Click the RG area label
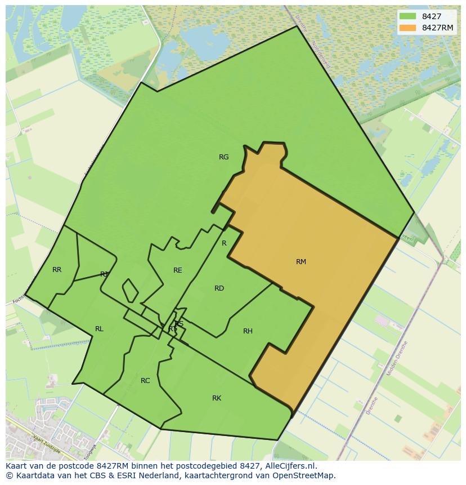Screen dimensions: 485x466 click(224, 157)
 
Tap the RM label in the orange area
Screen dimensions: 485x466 click(301, 261)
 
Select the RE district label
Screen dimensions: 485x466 click(178, 270)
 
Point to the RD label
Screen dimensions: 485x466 click(219, 288)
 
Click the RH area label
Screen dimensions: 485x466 click(248, 331)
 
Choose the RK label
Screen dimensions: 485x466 click(217, 398)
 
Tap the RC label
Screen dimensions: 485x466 click(145, 381)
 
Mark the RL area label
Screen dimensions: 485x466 click(99, 329)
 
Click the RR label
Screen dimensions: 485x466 click(57, 270)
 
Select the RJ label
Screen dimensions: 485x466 click(104, 274)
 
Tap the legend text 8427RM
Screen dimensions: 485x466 click(437, 28)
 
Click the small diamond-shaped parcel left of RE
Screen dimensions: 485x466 click(130, 290)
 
